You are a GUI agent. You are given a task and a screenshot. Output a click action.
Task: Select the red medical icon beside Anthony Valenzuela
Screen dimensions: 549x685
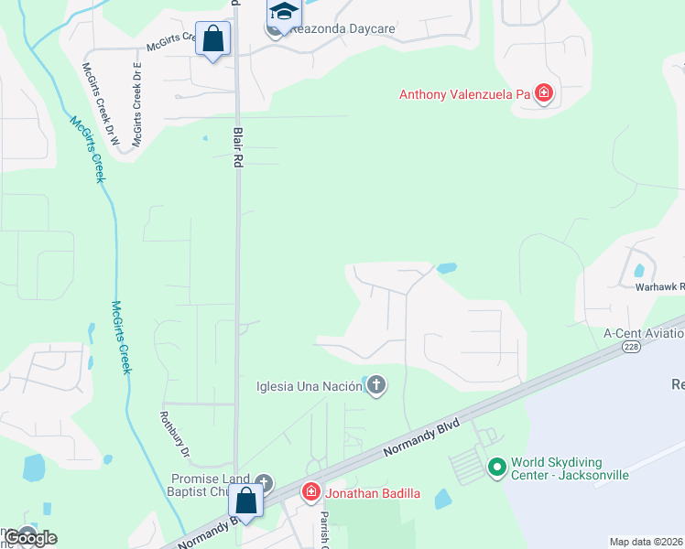[544, 93]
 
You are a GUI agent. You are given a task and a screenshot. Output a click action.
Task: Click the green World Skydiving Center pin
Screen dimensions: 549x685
[497, 468]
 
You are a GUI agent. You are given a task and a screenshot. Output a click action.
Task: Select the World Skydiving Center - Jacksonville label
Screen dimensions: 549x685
[570, 468]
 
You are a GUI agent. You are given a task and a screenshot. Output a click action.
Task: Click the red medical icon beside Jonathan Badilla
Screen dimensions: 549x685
[310, 493]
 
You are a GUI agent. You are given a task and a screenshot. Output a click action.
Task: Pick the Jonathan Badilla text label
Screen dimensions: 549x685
[371, 493]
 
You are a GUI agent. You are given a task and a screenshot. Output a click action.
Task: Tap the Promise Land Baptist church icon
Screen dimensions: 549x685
[264, 482]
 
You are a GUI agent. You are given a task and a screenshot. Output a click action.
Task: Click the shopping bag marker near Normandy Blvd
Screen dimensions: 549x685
[245, 501]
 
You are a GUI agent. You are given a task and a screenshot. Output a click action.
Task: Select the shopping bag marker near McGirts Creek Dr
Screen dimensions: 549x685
[213, 39]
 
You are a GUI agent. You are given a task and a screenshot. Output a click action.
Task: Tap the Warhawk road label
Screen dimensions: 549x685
[659, 286]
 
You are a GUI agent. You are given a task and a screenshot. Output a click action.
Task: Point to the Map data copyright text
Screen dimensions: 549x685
[647, 542]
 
